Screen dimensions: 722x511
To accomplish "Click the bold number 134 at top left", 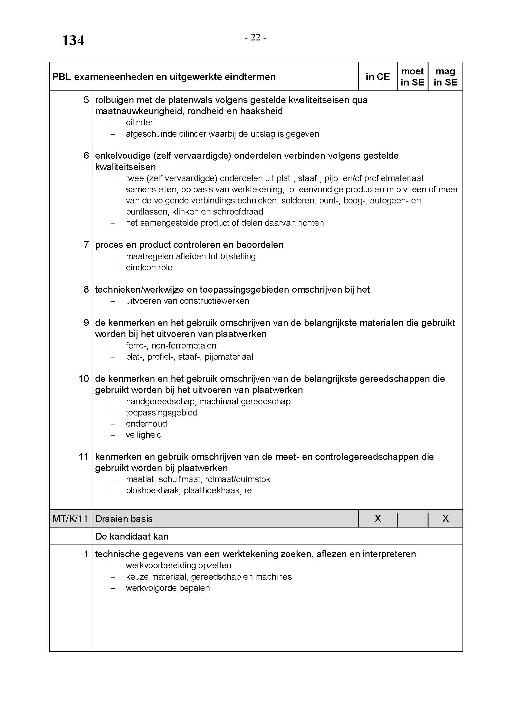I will point(73,41).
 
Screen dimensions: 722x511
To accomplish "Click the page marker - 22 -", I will point(255,38).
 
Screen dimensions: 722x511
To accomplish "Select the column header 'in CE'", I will point(377,77).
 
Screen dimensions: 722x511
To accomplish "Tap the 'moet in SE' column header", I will point(412,77).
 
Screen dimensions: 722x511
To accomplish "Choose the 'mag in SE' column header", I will point(445,77).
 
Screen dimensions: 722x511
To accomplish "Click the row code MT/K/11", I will point(70,519).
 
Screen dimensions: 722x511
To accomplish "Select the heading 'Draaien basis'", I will point(124,519).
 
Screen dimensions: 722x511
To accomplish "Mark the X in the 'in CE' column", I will point(378,519).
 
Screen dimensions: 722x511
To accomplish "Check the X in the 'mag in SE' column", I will point(445,519).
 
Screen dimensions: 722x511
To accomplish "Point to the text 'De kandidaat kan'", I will point(132,536).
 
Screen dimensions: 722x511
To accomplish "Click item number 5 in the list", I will point(86,100).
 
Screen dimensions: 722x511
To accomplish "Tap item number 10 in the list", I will point(84,379).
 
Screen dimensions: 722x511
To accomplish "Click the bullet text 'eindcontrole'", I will point(149,268).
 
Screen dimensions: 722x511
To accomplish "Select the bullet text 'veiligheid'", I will point(143,435).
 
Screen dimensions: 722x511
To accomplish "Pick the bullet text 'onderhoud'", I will point(146,424).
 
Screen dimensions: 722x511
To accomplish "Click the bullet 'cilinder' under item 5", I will point(139,122).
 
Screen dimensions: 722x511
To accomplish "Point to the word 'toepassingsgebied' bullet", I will point(161,413).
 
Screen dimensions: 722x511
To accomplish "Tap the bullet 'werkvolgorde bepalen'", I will point(167,588).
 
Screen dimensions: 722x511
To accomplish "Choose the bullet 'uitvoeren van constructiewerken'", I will point(187,301).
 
